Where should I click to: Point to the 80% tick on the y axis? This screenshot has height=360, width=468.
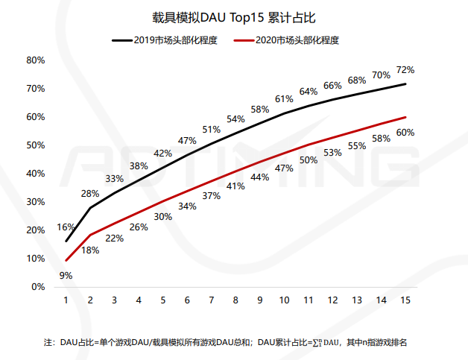coord(36,60)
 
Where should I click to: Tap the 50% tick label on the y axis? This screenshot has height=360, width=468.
coord(36,145)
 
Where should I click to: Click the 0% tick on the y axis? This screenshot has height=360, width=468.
coord(38,287)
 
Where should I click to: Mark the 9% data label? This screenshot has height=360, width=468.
coord(66,275)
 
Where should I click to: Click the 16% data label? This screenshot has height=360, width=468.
coord(66,227)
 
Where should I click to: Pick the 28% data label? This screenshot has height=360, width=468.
coord(90,193)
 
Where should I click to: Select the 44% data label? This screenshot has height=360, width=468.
coord(259,177)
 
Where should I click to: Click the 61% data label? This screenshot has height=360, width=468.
coord(284,98)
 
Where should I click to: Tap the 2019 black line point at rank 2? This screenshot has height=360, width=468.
coord(90,208)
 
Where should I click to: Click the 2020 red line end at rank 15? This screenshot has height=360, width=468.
coord(405,117)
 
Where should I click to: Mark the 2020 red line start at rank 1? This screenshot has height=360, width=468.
coord(66,261)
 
